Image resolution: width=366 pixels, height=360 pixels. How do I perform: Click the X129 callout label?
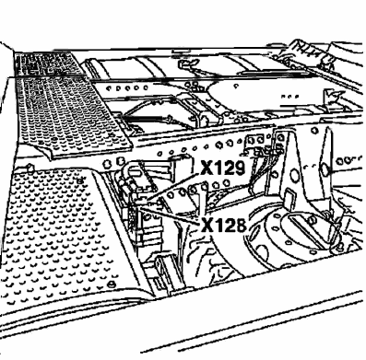tap(223, 168)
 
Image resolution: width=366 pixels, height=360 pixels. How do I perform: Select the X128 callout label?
tap(224, 226)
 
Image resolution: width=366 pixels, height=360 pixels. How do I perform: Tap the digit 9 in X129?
tap(239, 168)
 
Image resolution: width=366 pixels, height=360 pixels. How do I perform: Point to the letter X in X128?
tap(207, 226)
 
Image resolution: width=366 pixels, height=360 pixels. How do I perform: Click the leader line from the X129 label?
tap(172, 187)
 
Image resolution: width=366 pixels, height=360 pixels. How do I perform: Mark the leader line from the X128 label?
tap(170, 215)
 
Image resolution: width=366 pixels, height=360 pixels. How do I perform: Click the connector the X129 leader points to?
tap(143, 201)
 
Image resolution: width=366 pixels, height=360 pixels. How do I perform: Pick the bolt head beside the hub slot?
tap(313, 219)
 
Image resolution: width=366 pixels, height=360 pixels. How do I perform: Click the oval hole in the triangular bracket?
tap(294, 176)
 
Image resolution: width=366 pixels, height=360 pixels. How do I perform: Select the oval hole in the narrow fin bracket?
tap(325, 168)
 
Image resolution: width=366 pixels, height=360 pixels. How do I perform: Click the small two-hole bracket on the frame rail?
tap(255, 140)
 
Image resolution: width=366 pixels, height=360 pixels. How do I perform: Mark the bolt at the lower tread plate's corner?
tap(112, 284)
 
